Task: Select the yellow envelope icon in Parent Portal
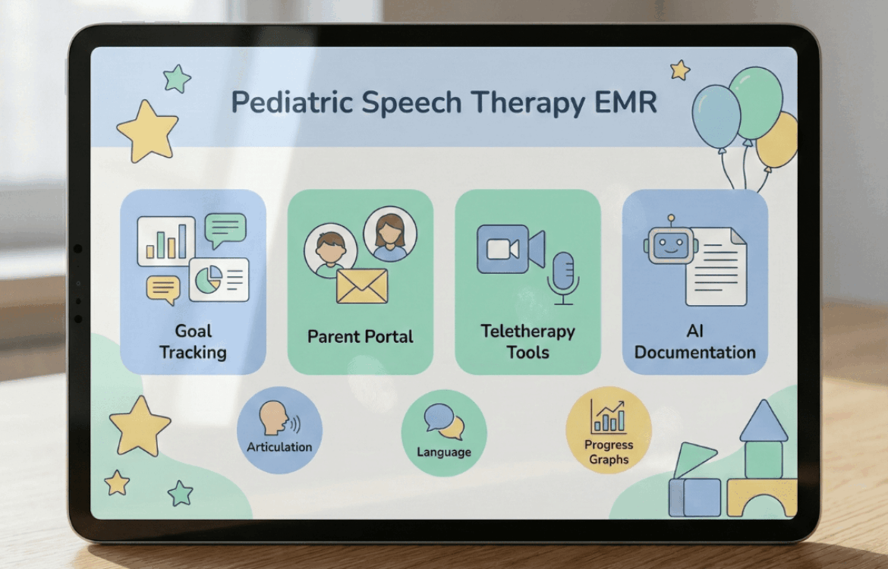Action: coord(362,286)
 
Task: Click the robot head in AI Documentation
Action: coord(670,244)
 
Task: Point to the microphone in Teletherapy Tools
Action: coord(563,278)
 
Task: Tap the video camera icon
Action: coord(511,249)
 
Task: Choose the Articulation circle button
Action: coord(279,430)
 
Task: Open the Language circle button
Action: coord(444,433)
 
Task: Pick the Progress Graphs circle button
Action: coord(609,430)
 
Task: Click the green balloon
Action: coord(755,102)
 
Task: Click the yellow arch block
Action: coord(762,498)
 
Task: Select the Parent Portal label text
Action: coord(361,337)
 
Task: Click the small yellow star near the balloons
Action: coord(679,71)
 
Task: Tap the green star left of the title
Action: coord(178,78)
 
